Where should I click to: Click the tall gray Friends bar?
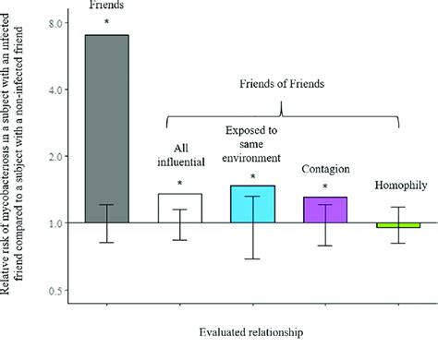[107, 128]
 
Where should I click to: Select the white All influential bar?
[179, 208]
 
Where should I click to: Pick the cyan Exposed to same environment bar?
[252, 204]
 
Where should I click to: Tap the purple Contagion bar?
[325, 210]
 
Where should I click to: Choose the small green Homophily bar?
[399, 225]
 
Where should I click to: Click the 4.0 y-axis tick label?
[55, 90]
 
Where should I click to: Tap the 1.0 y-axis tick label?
[55, 223]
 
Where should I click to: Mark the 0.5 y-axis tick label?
[55, 291]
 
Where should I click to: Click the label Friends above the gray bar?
[107, 6]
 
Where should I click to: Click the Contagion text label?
[325, 170]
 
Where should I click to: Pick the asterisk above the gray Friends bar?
[107, 22]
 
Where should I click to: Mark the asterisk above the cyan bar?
[252, 175]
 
